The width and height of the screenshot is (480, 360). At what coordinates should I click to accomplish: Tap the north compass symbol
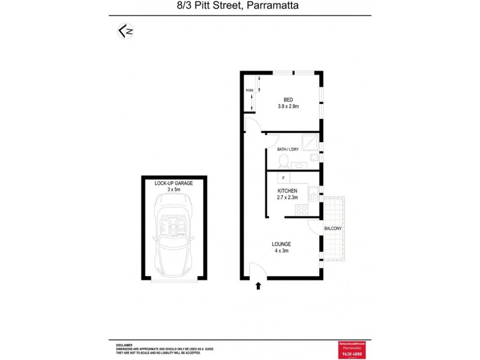coord(124,31)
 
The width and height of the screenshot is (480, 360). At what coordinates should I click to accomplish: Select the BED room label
coord(288,100)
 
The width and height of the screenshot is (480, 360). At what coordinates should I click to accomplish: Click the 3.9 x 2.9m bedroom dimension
coord(288,106)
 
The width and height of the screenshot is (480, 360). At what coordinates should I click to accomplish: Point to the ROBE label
coord(249,91)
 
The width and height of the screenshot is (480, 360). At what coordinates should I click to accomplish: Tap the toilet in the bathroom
coord(284,160)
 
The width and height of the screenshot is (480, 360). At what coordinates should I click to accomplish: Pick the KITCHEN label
coord(287,191)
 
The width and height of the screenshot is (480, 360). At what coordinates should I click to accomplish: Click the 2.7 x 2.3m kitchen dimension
coord(287,197)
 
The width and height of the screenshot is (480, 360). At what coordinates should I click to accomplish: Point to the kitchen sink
coord(313,193)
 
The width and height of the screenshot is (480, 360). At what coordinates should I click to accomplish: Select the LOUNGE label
coord(281,244)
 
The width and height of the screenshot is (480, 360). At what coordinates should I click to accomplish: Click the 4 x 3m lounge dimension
coord(281,251)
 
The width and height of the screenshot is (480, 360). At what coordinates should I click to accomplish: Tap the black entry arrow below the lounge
coord(259,286)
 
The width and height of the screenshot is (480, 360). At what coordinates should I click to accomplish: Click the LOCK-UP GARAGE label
coord(174,183)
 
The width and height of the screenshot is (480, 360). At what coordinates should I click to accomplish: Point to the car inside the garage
coord(174,234)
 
